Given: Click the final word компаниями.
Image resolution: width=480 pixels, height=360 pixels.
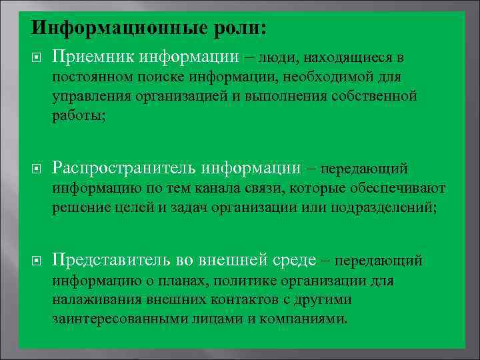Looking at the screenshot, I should point(307,318).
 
